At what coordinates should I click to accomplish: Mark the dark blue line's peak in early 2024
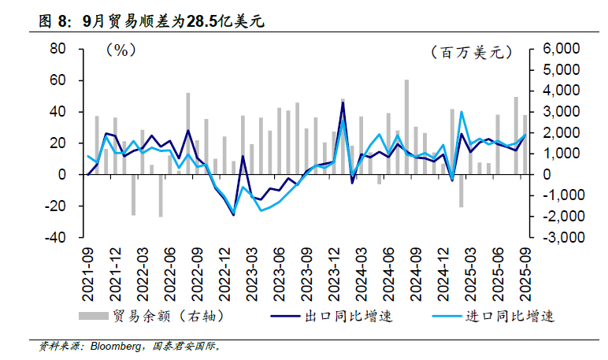coord(343,103)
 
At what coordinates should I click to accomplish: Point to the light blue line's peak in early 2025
coord(462,112)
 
